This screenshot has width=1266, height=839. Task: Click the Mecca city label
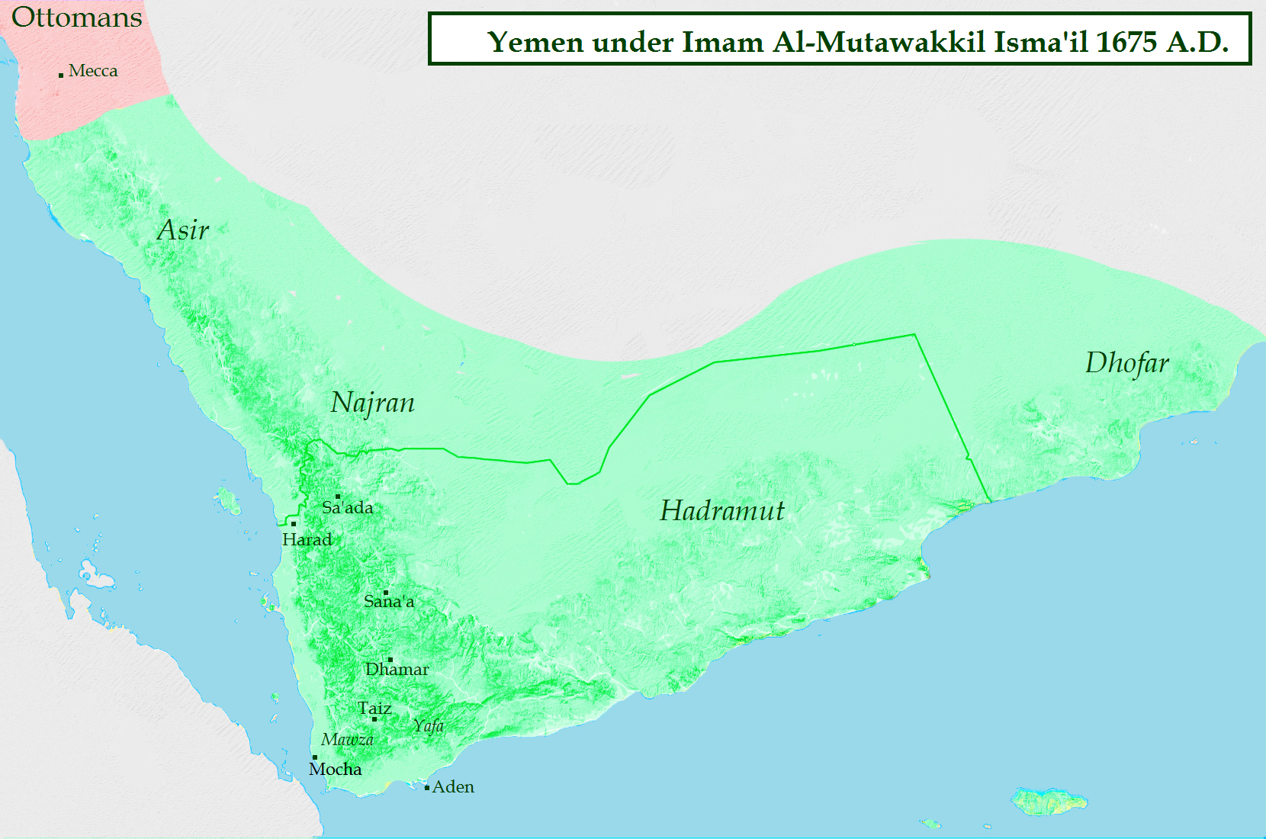click(x=93, y=71)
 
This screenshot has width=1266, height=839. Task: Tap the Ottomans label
click(x=76, y=18)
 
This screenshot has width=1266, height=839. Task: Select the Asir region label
click(x=183, y=230)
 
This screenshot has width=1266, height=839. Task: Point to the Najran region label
click(x=372, y=403)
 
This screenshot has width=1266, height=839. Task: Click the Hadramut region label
click(x=721, y=510)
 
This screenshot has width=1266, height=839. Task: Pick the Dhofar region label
click(x=1126, y=363)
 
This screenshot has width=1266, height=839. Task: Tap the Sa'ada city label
click(x=348, y=508)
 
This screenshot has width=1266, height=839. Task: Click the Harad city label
click(x=307, y=540)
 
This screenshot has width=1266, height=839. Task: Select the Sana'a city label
click(x=389, y=602)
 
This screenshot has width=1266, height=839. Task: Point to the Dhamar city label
click(x=397, y=670)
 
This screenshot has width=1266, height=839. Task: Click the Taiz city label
click(x=374, y=708)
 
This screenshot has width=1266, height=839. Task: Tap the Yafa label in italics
click(x=429, y=725)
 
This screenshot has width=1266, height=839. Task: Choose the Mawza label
click(x=347, y=739)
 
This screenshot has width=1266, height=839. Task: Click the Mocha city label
click(x=335, y=769)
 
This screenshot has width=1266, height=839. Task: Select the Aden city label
click(x=453, y=787)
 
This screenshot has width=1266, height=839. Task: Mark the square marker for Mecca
click(x=61, y=75)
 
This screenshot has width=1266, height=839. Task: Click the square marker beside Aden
click(x=427, y=787)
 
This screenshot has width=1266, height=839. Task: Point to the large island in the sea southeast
click(x=1049, y=802)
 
